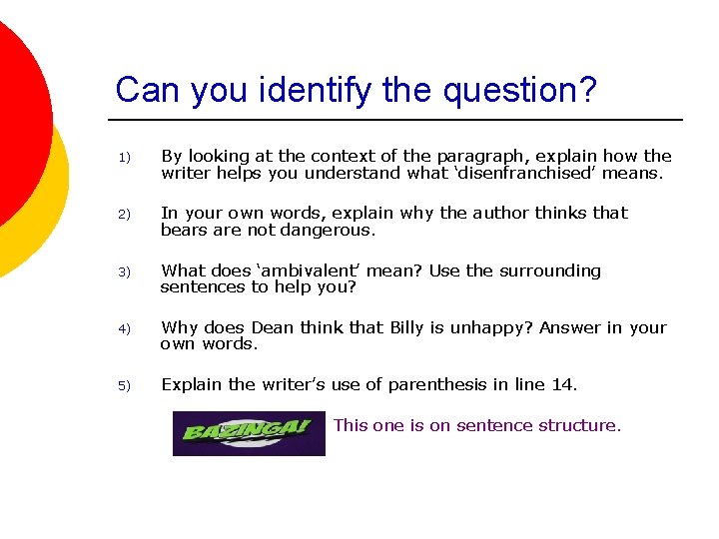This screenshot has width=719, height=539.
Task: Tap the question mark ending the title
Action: [587, 90]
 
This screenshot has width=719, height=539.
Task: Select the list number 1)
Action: [125, 158]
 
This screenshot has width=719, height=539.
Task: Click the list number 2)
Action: [125, 215]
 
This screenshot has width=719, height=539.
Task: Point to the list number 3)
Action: [125, 272]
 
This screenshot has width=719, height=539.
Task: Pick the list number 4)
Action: [125, 329]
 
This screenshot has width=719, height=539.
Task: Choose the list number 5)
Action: [125, 386]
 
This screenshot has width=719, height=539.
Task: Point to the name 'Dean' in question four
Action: [273, 327]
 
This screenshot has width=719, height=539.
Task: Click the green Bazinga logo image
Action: [249, 433]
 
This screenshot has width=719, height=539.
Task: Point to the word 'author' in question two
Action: [500, 213]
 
